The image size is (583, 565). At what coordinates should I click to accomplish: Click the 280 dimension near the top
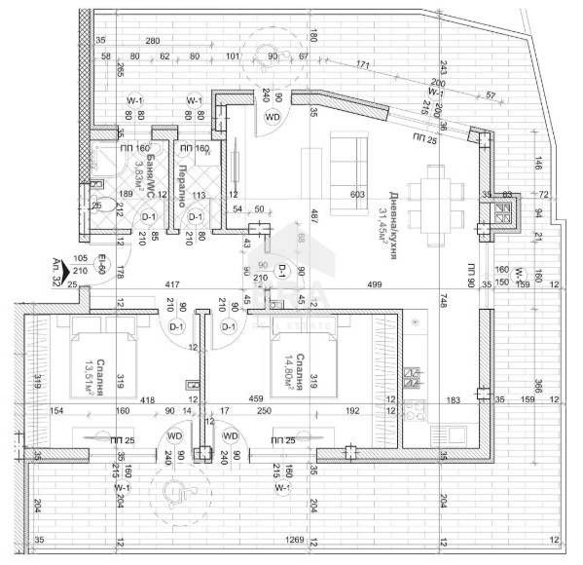(x=152, y=40)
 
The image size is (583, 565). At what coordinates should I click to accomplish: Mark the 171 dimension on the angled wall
(x=362, y=66)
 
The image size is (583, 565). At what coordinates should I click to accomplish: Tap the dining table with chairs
(x=435, y=194)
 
